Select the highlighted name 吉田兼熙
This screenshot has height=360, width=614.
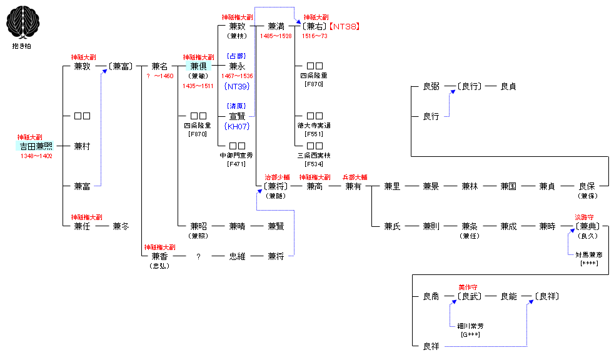[36, 146]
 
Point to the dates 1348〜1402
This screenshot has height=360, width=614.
[36, 156]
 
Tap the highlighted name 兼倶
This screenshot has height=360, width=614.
[198, 66]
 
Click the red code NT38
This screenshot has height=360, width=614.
[345, 26]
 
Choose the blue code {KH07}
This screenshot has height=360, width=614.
[237, 126]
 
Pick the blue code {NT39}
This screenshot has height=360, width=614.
[237, 86]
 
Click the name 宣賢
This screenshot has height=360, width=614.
[237, 116]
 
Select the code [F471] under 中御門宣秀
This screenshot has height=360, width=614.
[237, 164]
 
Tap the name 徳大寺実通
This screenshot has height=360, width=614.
[315, 126]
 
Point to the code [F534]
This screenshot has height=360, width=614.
[315, 164]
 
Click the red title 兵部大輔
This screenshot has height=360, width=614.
[355, 177]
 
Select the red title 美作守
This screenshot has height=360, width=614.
[468, 287]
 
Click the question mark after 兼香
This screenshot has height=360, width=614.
[198, 256]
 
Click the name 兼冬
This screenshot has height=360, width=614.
[121, 226]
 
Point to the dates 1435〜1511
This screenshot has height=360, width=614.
[198, 86]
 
